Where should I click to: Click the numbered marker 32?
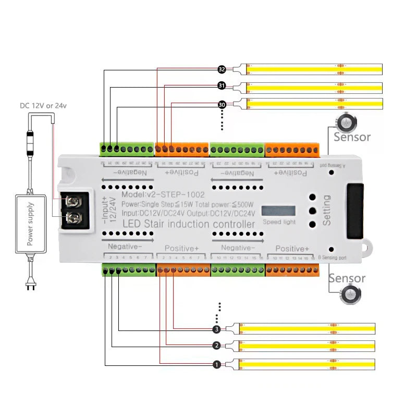pos(222,69)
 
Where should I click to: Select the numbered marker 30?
pos(222,105)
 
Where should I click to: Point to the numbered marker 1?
pos(217,364)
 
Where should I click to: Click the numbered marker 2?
pos(217,346)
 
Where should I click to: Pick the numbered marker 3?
pos(217,329)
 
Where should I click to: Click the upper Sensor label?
pos(352,137)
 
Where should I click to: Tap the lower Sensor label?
pos(347,278)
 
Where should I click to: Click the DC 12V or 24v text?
pos(43,105)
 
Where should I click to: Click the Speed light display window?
pos(278,211)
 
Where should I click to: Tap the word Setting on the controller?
pos(327,210)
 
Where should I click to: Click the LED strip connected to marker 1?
pos(308,364)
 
